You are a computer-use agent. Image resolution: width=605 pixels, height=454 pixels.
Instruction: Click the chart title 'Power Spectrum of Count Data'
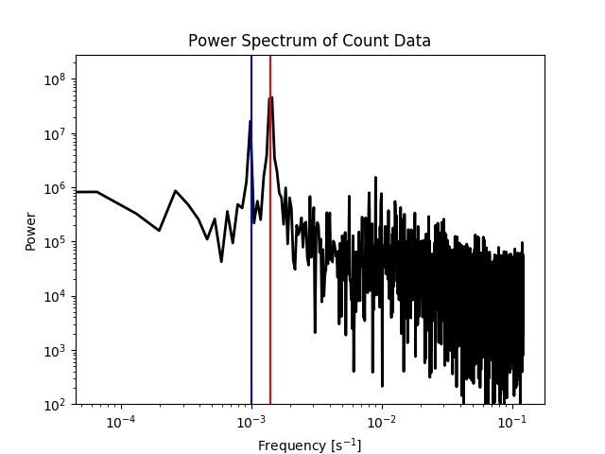coord(309,41)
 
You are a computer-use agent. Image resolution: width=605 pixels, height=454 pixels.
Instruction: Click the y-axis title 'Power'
coord(31,230)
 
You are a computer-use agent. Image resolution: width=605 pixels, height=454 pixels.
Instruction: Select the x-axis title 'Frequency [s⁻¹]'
coord(309,445)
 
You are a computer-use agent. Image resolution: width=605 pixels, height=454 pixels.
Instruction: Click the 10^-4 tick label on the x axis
coord(120,422)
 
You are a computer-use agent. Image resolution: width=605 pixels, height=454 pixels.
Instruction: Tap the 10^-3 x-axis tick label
coord(251,422)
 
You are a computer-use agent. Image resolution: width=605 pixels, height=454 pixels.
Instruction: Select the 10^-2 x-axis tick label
coord(381,422)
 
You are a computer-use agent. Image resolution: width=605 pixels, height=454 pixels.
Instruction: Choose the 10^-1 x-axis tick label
coord(511,422)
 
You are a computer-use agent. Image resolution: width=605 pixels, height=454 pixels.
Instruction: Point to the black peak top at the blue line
coord(251,121)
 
